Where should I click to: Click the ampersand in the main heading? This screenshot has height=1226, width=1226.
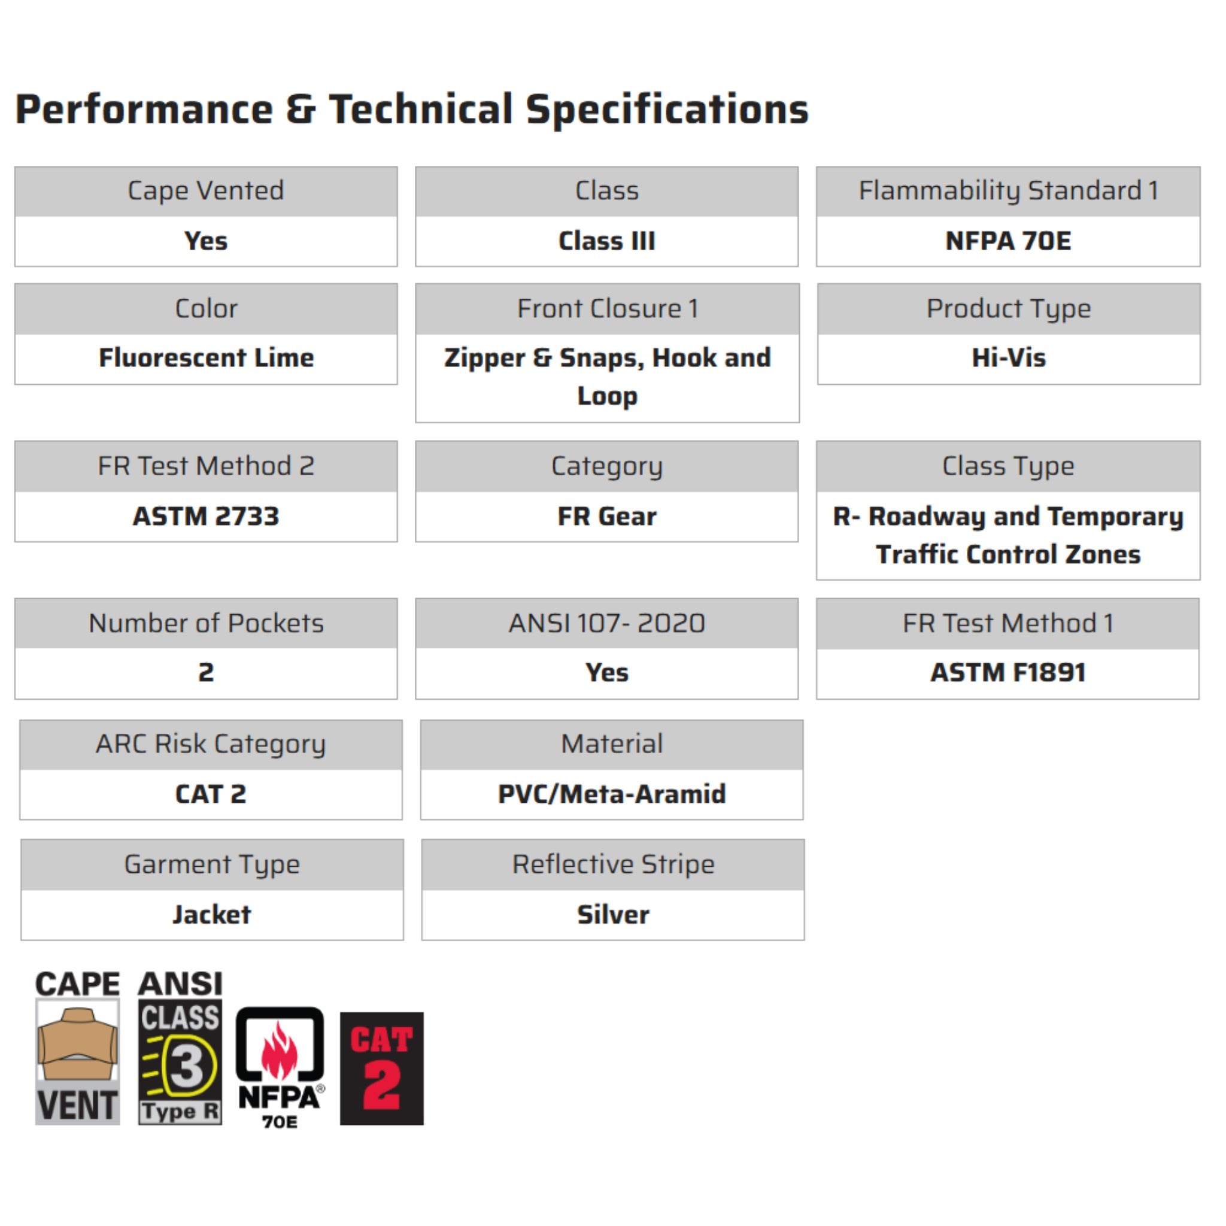click(300, 110)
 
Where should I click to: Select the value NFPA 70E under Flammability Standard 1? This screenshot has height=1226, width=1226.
click(1007, 241)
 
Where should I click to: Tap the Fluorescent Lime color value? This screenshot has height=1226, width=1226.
click(207, 358)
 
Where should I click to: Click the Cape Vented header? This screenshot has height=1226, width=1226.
click(207, 191)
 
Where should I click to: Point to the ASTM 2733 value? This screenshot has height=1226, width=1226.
click(207, 516)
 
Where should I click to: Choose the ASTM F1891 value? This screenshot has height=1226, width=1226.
click(1007, 673)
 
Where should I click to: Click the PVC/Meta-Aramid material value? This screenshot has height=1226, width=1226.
click(612, 794)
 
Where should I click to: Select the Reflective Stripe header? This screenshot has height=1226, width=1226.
click(613, 864)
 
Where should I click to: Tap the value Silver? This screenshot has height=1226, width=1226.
click(613, 915)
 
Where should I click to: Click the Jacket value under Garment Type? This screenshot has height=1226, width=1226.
click(212, 915)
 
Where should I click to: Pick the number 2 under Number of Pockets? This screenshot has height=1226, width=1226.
click(207, 673)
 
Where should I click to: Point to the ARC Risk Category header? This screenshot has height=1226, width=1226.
click(211, 744)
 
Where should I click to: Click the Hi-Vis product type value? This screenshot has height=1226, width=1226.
click(1008, 358)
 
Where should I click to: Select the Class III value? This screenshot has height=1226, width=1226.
click(606, 241)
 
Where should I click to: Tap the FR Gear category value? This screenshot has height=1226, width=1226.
click(606, 516)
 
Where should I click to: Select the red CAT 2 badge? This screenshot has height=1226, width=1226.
click(381, 1069)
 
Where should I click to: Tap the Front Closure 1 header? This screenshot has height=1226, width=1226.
click(607, 309)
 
